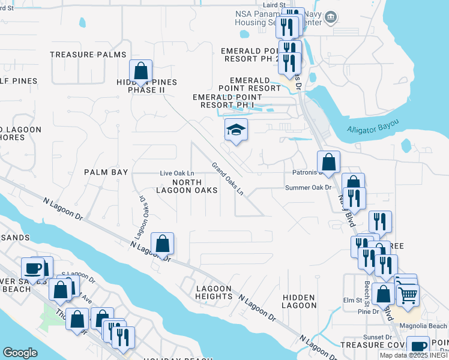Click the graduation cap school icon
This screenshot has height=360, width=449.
pos(236,130)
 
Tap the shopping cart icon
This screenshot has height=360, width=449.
pos(408,294)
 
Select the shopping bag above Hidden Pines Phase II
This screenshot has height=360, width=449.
pos(140,72)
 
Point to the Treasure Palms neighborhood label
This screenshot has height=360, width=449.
pos(88,55)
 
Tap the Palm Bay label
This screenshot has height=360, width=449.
pos(106,172)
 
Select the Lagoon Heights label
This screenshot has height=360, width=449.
pos(214,292)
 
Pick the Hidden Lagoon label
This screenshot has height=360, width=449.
pos(299,301)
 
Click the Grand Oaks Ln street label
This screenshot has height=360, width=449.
pos(228,179)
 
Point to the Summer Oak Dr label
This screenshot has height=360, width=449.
pos(309,188)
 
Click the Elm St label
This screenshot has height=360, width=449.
pos(350,300)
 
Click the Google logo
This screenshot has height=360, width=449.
pos(20,353)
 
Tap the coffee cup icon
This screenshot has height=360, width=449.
pos(33,268)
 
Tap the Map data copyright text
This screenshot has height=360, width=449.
pos(414,355)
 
